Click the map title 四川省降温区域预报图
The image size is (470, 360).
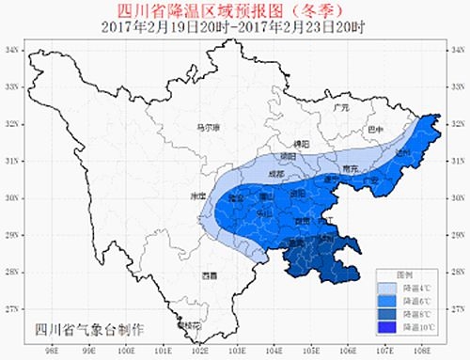(x=235, y=10)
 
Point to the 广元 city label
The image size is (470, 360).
(x=341, y=109)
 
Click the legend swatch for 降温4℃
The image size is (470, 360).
(x=387, y=288)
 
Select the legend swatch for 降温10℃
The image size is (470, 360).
(x=387, y=326)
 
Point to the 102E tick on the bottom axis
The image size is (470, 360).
(x=198, y=350)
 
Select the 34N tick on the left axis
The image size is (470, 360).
(x=14, y=49)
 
